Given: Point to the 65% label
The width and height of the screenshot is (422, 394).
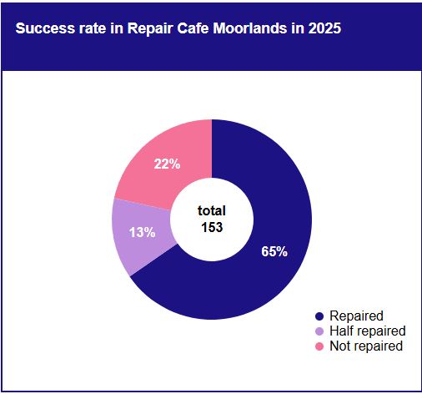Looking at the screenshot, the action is (274, 251).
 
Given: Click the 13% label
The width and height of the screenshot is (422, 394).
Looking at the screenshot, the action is (142, 232).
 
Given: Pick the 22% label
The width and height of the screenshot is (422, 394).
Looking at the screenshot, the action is (167, 164).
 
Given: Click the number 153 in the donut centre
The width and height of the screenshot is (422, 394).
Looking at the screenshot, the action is (212, 227).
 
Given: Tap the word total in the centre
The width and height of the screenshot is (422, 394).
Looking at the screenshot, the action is (212, 210).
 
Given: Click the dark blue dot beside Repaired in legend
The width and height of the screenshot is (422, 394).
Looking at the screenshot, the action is (319, 316).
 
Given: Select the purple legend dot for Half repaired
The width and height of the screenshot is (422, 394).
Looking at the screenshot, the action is (319, 331).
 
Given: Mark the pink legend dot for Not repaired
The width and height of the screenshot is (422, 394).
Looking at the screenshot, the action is (319, 346).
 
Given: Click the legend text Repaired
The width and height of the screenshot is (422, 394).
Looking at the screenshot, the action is (356, 316).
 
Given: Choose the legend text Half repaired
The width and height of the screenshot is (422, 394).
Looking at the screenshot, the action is (368, 331).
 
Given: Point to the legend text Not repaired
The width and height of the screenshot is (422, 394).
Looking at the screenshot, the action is (366, 346).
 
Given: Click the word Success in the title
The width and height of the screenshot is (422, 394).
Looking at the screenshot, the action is (45, 28).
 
